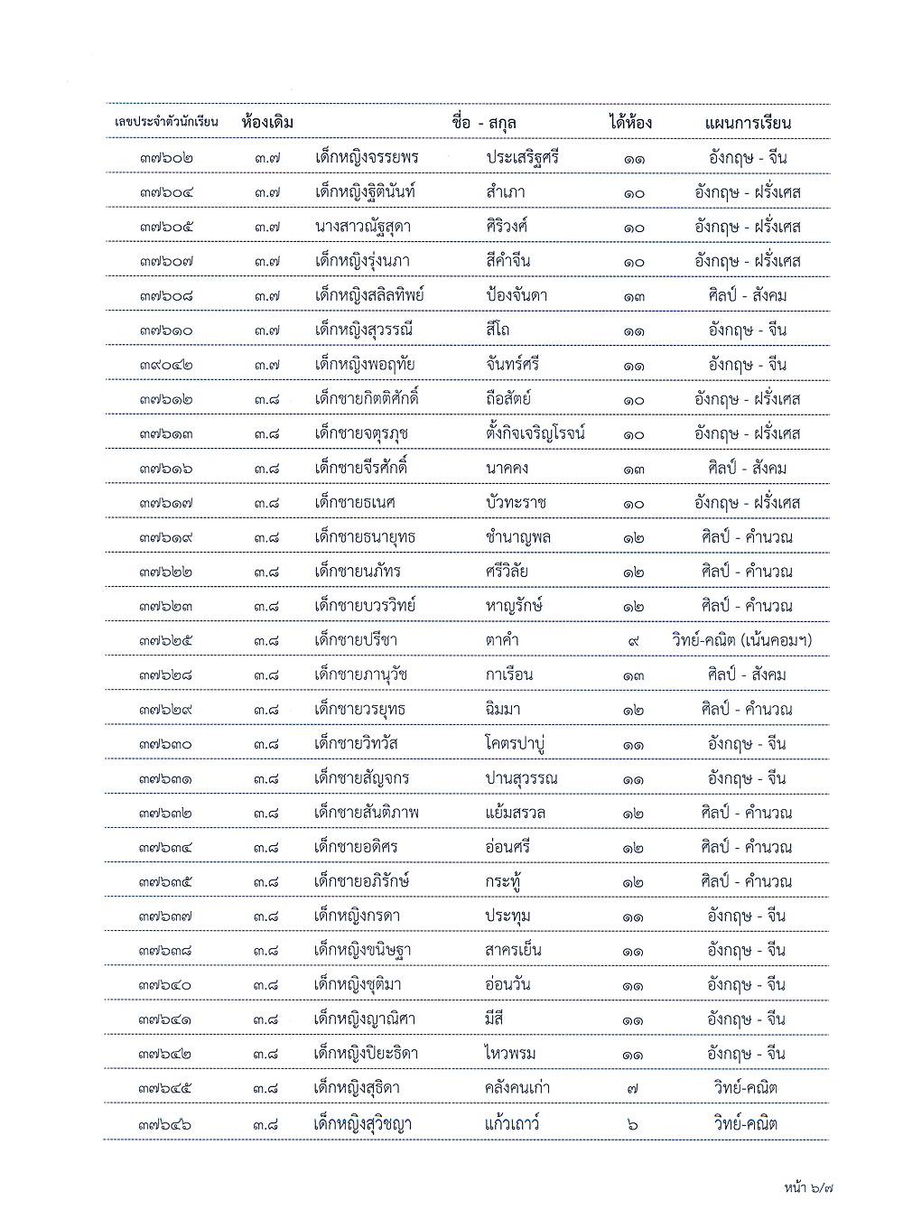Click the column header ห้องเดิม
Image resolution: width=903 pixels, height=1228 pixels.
point(267,122)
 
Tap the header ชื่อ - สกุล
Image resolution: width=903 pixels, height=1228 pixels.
point(484,122)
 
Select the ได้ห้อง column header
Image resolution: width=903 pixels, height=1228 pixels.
point(630,122)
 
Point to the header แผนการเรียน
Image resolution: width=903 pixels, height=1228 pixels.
point(748,122)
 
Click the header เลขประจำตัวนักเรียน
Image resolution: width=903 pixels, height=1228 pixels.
point(166,122)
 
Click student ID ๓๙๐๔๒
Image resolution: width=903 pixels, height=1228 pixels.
point(166,365)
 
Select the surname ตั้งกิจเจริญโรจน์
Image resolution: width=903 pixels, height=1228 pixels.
point(535,433)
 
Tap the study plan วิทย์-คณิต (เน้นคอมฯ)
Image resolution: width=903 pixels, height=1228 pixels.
point(742,640)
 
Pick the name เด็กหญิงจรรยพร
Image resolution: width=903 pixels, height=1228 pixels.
point(367,157)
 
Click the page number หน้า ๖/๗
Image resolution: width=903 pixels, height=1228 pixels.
point(808,1188)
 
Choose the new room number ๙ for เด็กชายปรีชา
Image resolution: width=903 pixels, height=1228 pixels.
point(633,640)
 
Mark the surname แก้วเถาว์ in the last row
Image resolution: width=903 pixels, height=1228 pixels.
point(511,1124)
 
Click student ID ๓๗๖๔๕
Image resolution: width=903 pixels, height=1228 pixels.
point(166,1089)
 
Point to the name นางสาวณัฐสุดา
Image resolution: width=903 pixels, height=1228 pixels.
point(363,227)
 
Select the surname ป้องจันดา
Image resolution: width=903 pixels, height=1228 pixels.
point(516,295)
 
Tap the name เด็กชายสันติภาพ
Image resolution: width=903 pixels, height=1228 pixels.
point(367,813)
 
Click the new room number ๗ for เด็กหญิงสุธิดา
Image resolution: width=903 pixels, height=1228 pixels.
point(632,1089)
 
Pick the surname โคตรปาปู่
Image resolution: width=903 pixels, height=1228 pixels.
point(515,744)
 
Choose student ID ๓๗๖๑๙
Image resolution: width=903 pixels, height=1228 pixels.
point(166,537)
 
